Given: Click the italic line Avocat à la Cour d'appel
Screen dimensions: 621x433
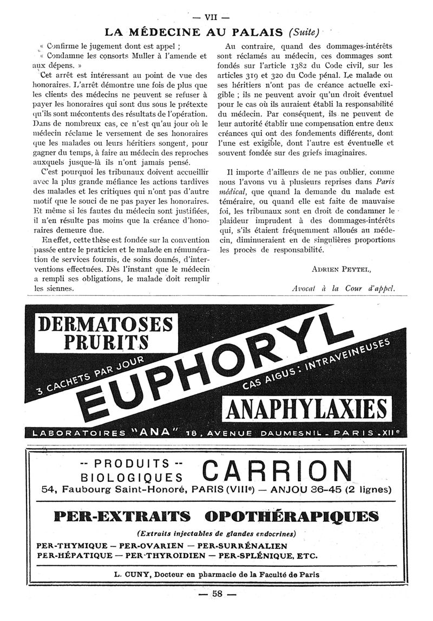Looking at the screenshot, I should tap(343, 289).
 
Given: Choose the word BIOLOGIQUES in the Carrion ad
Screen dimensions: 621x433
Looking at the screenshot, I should tap(131, 478).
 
